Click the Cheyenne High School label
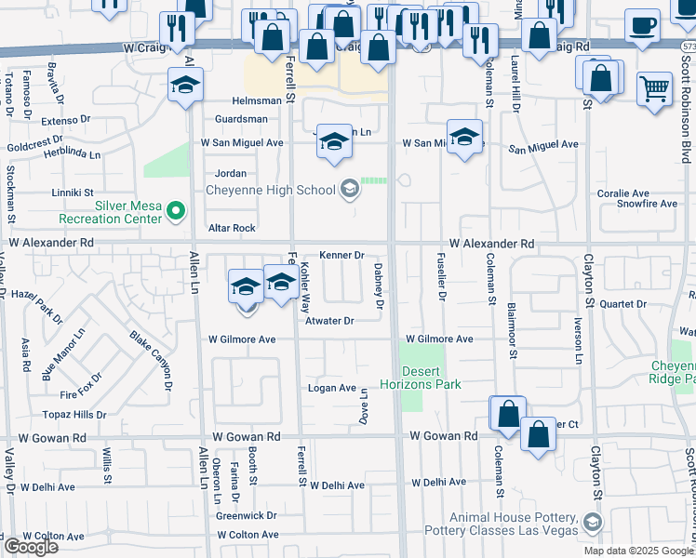[x=269, y=191]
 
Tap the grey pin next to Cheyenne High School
[x=349, y=190]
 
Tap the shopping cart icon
[x=655, y=88]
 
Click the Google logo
[x=30, y=547]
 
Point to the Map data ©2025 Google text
[x=637, y=551]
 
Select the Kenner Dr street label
[x=341, y=255]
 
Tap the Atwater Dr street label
[x=330, y=321]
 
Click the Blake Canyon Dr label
[x=151, y=362]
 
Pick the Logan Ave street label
[x=332, y=388]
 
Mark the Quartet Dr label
[x=622, y=303]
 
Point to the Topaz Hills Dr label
[x=74, y=414]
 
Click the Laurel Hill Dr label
[x=514, y=86]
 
